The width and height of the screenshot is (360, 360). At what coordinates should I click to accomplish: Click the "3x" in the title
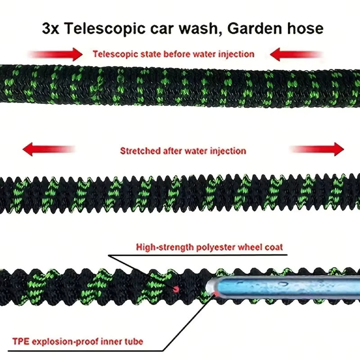tap(50, 29)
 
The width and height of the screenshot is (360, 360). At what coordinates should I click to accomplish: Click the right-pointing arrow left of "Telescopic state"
tap(55, 54)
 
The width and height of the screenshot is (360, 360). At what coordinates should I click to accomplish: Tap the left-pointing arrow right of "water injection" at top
tap(297, 54)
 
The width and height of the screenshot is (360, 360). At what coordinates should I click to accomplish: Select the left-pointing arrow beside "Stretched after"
tap(49, 149)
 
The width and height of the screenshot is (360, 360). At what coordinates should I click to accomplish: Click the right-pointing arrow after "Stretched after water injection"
tap(317, 149)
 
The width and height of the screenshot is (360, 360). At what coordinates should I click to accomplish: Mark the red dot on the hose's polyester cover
tap(176, 289)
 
